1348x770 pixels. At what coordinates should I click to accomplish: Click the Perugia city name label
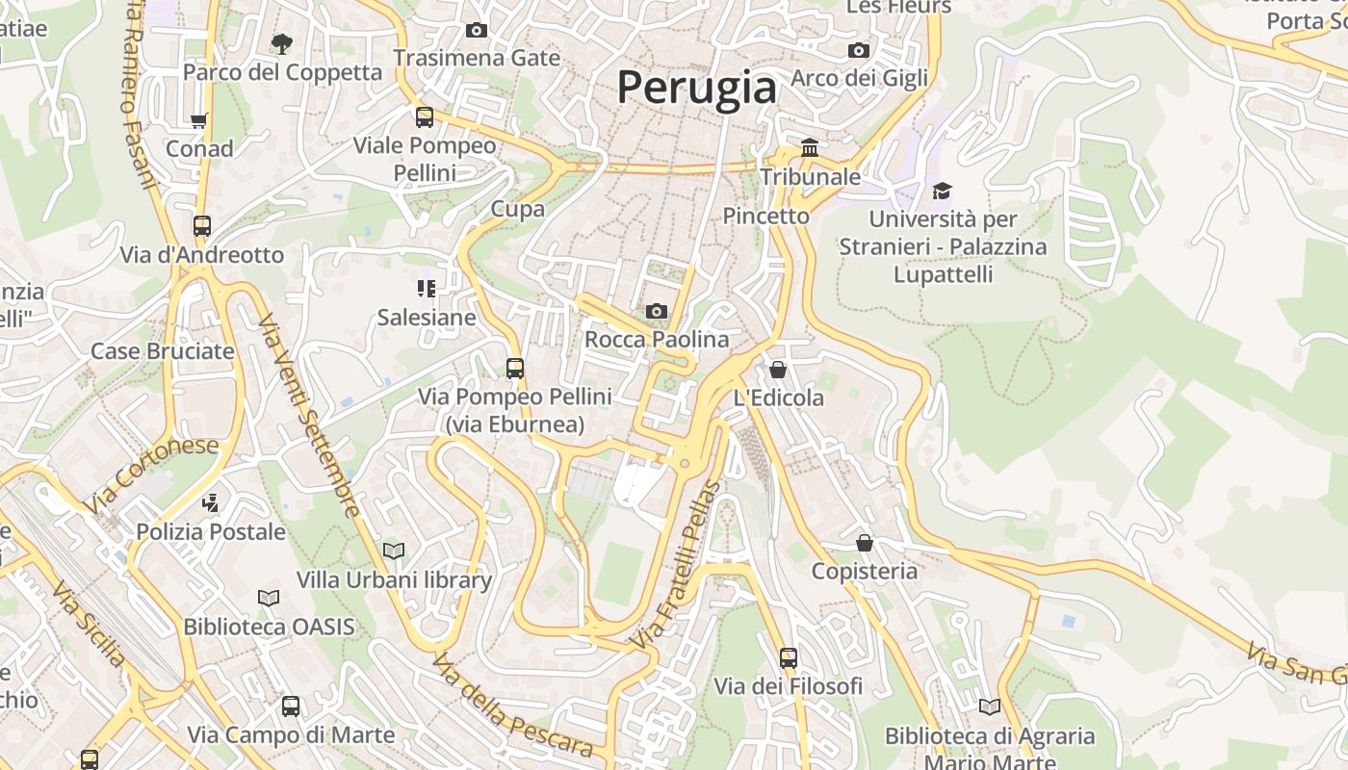(x=696, y=88)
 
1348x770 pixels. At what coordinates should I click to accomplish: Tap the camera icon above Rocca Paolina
(x=657, y=311)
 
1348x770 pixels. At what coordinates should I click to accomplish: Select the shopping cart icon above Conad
(x=199, y=121)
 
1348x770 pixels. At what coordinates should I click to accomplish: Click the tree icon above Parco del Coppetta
(x=281, y=43)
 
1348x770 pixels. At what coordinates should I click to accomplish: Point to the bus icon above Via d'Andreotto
(x=201, y=226)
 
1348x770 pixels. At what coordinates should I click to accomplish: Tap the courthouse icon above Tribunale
(x=810, y=148)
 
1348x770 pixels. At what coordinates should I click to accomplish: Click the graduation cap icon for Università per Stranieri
(x=942, y=191)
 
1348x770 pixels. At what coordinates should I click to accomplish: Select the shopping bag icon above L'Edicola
(x=778, y=370)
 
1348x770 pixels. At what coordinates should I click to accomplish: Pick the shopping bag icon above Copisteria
(x=865, y=543)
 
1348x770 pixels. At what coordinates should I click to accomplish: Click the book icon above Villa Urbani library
(x=394, y=551)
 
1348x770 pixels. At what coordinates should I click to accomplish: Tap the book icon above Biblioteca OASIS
(x=269, y=598)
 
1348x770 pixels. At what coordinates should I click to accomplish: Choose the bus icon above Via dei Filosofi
(x=789, y=658)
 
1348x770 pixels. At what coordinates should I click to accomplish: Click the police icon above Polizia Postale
(x=210, y=502)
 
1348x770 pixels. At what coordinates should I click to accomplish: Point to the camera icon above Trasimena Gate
(x=477, y=30)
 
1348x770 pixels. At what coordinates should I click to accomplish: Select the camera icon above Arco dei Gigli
(x=859, y=50)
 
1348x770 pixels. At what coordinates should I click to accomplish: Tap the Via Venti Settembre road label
(x=308, y=414)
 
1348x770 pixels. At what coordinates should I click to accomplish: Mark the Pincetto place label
(x=765, y=216)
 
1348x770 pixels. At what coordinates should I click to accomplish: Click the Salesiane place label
(x=427, y=318)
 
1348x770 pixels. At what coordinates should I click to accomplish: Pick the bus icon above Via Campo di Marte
(x=291, y=706)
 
